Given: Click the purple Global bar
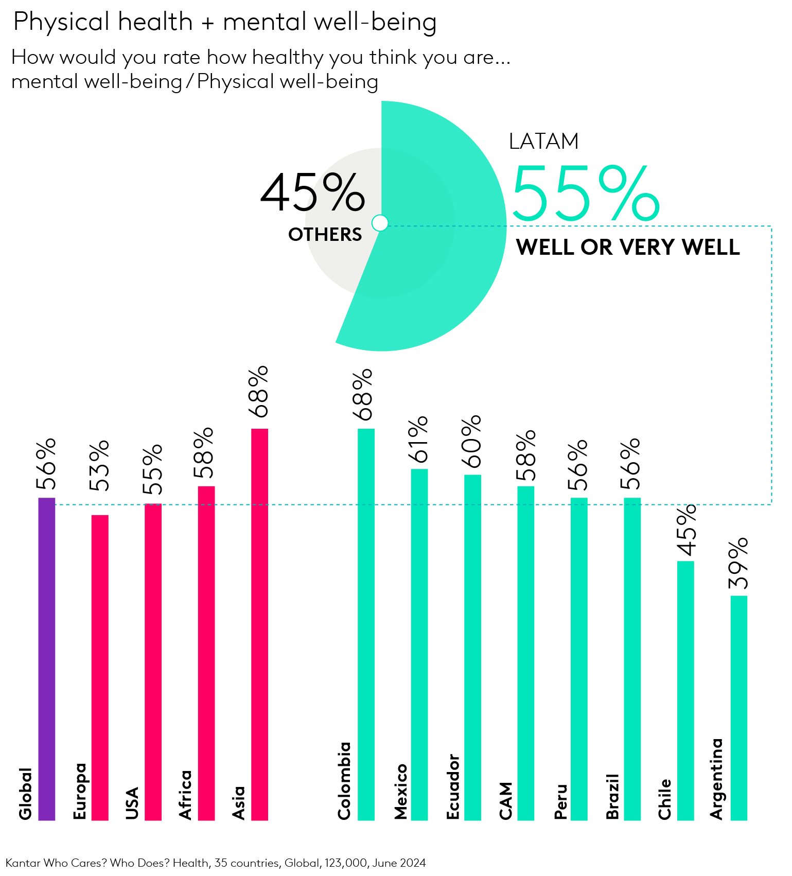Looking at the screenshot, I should click(47, 659).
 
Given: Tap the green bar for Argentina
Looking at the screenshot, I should click(739, 708).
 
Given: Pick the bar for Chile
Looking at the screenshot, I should click(685, 690).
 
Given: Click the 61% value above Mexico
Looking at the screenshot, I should click(419, 439).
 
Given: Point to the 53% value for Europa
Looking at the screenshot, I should click(99, 465).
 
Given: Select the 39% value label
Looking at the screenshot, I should click(738, 563).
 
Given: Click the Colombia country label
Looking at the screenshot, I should click(344, 780).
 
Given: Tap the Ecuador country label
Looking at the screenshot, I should click(453, 786).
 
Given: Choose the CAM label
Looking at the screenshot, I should click(506, 800).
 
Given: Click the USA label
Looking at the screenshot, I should click(132, 802).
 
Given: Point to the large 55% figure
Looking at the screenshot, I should click(586, 194).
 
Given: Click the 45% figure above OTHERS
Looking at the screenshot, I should click(313, 193).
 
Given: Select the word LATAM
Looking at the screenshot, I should click(543, 142).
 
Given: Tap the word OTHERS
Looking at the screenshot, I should click(325, 235).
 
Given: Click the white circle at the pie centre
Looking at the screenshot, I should click(380, 223).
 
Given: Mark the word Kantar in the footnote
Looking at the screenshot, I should click(23, 863).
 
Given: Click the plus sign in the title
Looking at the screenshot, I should click(207, 23).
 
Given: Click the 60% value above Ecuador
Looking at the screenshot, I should click(472, 441).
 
